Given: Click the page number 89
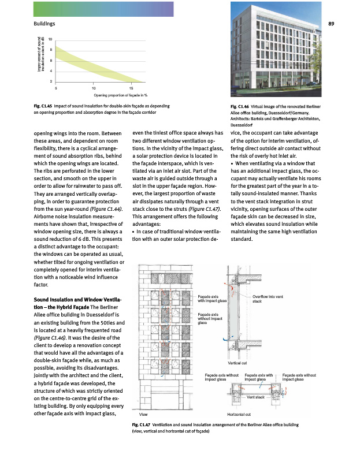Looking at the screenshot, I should (331, 24).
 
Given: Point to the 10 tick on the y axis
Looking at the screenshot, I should (50, 39).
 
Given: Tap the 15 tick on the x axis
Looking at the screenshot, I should (132, 88).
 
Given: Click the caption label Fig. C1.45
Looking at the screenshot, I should (44, 107).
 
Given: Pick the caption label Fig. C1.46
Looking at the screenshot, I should (240, 107).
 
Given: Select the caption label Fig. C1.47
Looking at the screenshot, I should (143, 425).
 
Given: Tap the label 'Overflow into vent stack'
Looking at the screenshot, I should (266, 299).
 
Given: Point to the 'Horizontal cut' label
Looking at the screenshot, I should (239, 414).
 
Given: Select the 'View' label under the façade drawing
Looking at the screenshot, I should (144, 414).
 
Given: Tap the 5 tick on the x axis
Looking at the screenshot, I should (56, 88).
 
